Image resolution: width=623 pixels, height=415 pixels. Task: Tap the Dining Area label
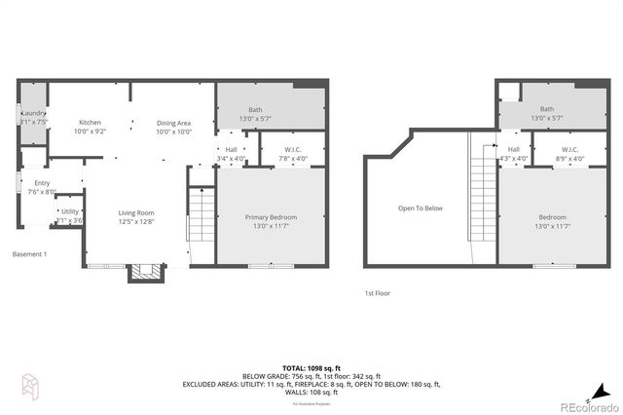[x=173, y=127]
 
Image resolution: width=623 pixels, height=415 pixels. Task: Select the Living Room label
[x=136, y=217]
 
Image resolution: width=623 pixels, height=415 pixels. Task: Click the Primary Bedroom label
[x=271, y=221]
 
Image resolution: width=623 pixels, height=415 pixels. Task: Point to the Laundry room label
[x=30, y=119]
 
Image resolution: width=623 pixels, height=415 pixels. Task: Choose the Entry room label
[x=42, y=187]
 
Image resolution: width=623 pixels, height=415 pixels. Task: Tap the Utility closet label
[x=69, y=216]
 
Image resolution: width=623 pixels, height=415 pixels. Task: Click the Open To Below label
[x=420, y=207]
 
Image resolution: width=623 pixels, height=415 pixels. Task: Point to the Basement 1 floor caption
[x=29, y=254]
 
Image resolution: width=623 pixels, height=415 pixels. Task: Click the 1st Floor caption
[x=378, y=292]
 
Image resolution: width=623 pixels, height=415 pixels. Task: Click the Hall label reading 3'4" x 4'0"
[x=232, y=154]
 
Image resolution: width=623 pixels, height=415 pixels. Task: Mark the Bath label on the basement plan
[x=255, y=115]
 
